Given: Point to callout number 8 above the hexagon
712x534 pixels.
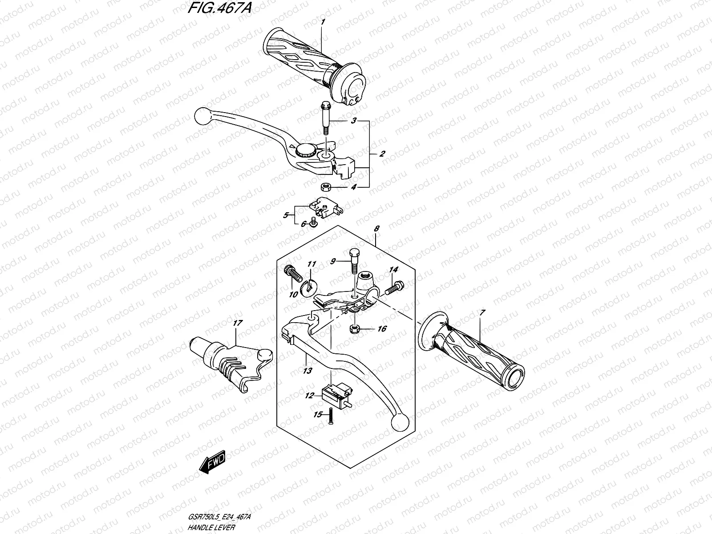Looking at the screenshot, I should click(x=376, y=229).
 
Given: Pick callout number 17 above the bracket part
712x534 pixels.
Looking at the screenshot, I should click(x=237, y=324).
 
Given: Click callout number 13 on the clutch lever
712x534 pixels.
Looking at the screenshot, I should click(x=307, y=370).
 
